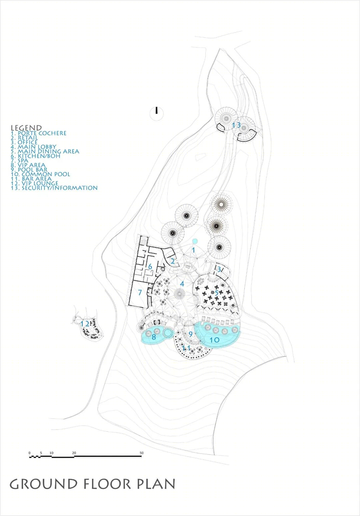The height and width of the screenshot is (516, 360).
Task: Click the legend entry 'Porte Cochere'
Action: pos(38,133)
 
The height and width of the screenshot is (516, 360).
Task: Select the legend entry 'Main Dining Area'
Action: pos(45,151)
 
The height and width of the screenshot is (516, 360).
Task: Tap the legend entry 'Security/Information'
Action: pos(54,188)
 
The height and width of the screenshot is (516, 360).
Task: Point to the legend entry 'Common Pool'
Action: pos(40,174)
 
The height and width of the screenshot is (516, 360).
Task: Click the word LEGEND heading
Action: pos(27,128)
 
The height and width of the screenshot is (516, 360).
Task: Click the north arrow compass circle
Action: pos(157,113)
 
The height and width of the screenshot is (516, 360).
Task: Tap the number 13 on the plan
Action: pos(236,125)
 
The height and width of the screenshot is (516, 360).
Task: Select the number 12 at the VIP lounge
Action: pos(85,324)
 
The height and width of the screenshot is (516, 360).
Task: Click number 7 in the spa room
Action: pos(140,292)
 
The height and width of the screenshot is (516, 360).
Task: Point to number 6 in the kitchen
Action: pos(150,267)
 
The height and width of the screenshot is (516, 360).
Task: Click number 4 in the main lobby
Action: pos(182,284)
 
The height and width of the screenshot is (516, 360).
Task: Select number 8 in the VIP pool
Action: pos(154,337)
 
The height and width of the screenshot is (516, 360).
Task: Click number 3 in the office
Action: pos(219,269)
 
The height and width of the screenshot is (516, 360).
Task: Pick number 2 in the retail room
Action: pos(173,261)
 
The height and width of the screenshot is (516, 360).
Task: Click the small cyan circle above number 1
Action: pos(195,241)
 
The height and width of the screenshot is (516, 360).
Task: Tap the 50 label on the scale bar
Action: pos(142,453)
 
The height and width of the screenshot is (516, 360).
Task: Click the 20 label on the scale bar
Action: pos(74,453)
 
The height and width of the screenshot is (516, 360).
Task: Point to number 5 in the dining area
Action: pos(216,293)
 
